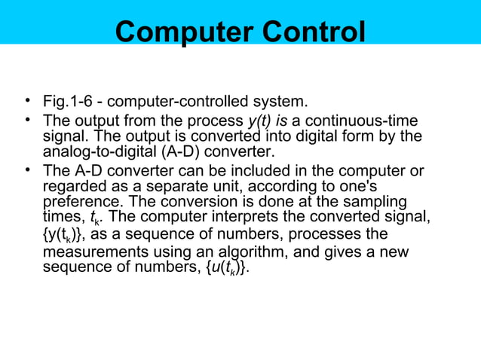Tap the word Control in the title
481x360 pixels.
tap(309, 32)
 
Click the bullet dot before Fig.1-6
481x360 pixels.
tap(26, 101)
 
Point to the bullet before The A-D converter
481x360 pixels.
tap(26, 170)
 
